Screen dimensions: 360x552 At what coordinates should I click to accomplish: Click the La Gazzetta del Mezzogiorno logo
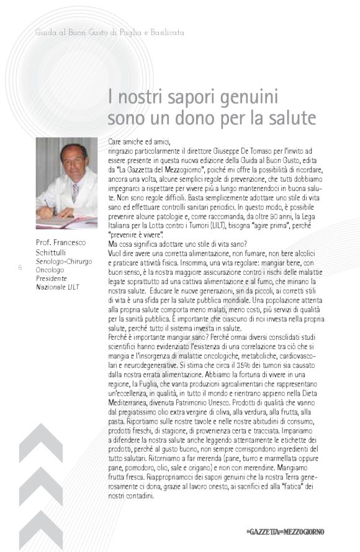(x=284, y=532)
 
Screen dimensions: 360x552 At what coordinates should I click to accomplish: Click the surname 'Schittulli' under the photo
(x=58, y=252)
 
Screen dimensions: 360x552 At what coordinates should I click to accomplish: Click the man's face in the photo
(x=74, y=162)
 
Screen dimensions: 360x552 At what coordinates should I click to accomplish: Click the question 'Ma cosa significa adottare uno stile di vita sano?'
(x=179, y=244)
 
